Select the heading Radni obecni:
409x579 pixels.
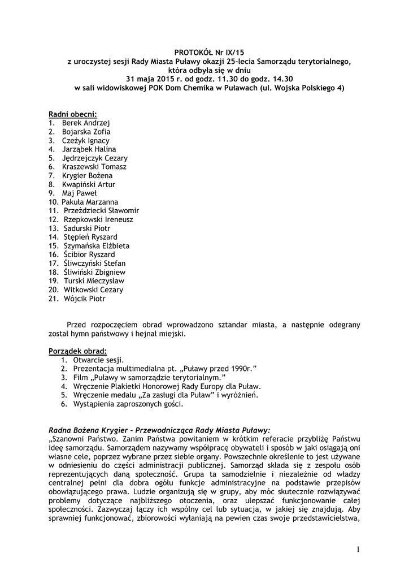coord(73,114)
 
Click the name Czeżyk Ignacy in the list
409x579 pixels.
coord(86,140)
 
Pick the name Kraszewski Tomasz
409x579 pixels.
coord(94,167)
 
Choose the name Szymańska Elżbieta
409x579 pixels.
coord(97,246)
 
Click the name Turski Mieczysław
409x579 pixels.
coord(93,281)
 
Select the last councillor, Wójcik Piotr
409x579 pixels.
coord(84,299)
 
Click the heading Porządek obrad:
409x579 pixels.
coord(77,351)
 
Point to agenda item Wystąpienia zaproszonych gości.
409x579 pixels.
coord(128,404)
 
